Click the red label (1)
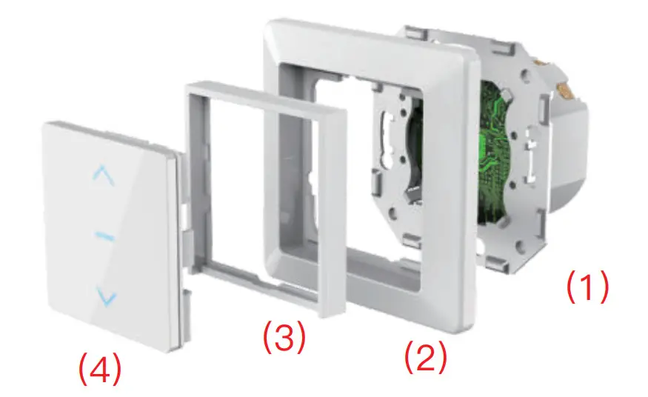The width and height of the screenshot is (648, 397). point(587,287)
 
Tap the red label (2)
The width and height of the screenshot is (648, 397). point(425,358)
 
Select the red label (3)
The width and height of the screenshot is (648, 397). point(284,337)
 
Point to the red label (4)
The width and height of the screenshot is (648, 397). point(101,368)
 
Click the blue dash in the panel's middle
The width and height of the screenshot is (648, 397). point(106,236)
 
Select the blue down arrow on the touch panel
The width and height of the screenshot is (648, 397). point(107,298)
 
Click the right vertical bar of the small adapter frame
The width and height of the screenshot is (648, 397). point(337,207)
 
